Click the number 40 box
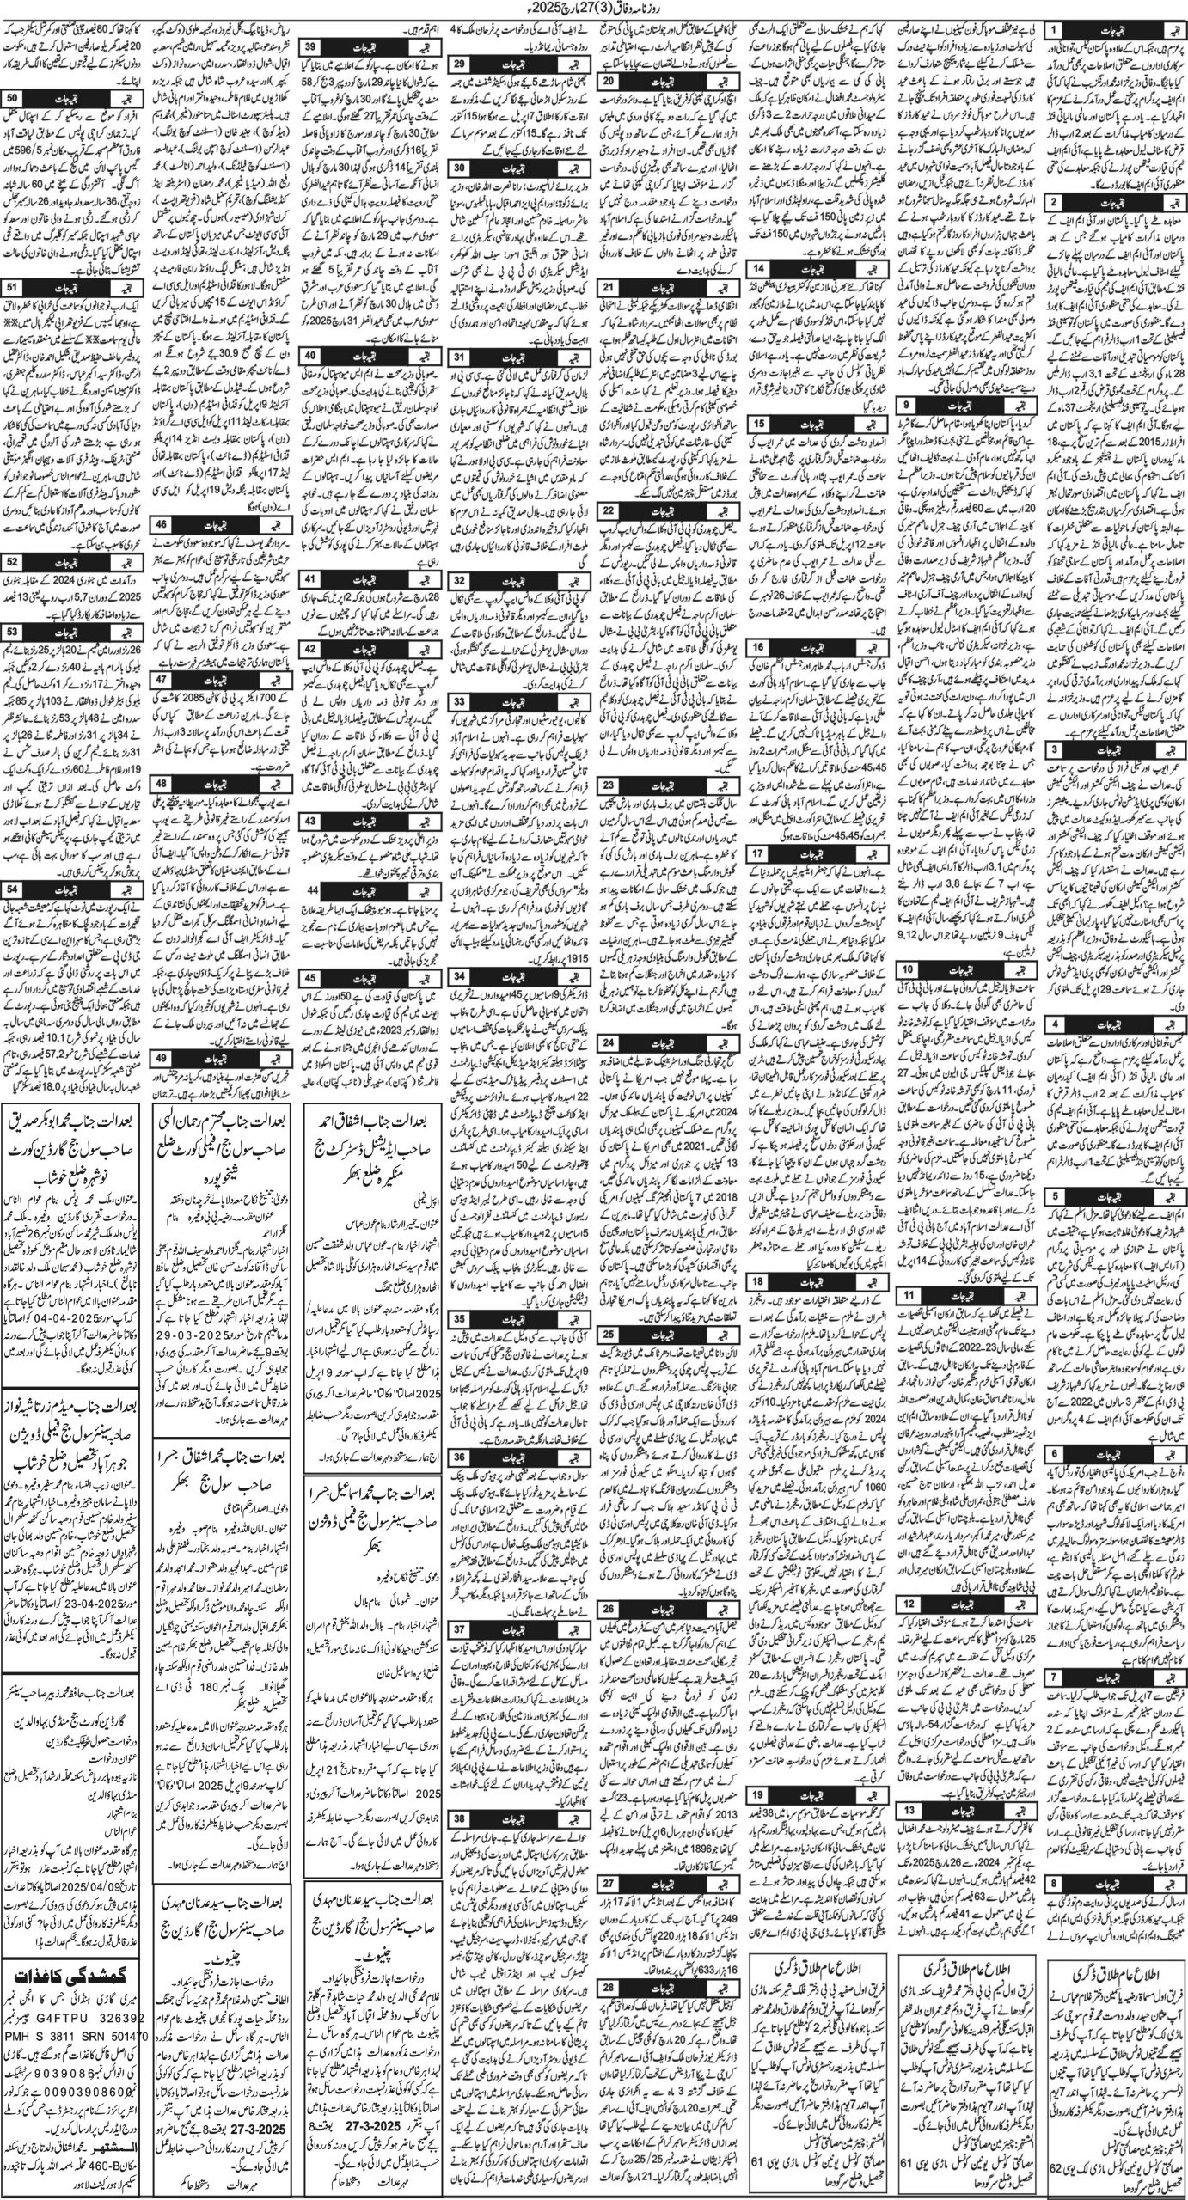(311, 354)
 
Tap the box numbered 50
(14, 97)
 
